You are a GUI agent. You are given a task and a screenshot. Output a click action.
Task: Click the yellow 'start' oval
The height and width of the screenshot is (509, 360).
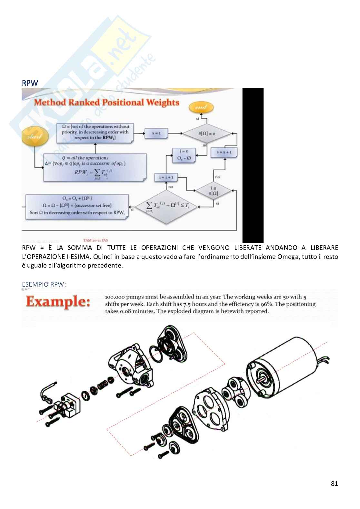[x=35, y=136]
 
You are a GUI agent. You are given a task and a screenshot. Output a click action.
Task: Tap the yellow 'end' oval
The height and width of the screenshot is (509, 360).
[x=201, y=107]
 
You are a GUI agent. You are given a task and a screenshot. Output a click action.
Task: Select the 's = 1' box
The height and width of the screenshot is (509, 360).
[x=156, y=133]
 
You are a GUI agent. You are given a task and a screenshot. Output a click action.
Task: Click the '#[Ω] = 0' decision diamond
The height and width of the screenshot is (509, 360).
[x=207, y=133]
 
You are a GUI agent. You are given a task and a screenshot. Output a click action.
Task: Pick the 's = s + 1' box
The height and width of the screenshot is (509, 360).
[x=224, y=152]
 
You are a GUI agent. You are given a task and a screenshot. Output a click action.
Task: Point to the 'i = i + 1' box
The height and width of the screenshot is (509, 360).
[x=166, y=177]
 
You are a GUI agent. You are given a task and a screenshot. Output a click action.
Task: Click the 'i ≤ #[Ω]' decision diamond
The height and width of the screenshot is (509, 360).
[x=213, y=191]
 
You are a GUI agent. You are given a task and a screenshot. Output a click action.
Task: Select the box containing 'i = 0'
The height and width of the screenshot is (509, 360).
[x=184, y=155]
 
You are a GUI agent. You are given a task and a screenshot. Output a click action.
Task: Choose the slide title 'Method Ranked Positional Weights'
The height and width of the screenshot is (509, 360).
[x=106, y=103]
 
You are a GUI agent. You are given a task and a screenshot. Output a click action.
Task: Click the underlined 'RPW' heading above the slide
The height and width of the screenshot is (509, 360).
[x=30, y=83]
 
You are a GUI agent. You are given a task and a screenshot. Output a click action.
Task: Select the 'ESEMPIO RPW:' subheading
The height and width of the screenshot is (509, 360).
[x=44, y=284]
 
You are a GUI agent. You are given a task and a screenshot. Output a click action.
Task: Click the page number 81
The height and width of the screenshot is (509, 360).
[x=334, y=483]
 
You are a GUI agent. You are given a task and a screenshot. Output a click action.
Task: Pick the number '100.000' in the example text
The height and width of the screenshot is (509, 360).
[x=115, y=297]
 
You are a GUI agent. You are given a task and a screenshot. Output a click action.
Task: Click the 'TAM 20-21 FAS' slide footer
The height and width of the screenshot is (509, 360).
[x=95, y=240]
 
